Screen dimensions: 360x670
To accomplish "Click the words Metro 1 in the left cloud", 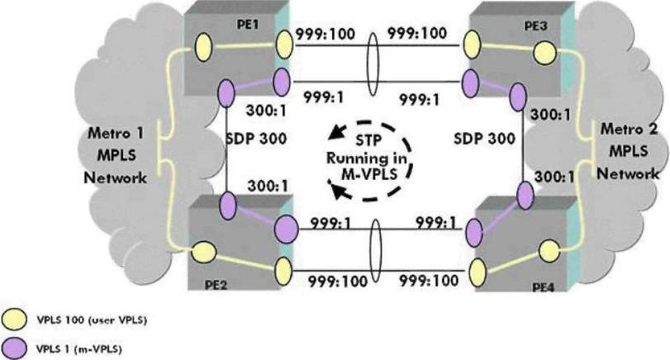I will coord(121,136).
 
